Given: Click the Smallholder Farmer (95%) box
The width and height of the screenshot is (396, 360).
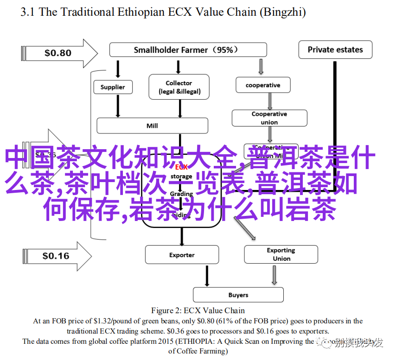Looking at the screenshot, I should click(x=188, y=50).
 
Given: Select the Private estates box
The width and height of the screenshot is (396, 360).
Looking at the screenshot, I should click(x=335, y=50).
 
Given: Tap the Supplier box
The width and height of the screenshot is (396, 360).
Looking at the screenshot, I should click(x=113, y=87).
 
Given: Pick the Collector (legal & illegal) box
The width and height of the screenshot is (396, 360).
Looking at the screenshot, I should click(x=179, y=87).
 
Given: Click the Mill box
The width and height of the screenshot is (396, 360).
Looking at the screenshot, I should click(x=152, y=126).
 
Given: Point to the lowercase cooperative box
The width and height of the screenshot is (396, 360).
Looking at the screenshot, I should click(x=263, y=85).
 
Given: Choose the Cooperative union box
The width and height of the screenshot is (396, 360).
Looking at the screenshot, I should click(x=269, y=118).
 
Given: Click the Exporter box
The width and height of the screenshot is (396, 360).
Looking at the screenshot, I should click(x=182, y=255).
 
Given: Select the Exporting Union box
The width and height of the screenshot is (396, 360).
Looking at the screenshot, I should click(x=281, y=254).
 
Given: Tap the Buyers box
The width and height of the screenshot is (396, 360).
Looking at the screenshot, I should click(x=238, y=295).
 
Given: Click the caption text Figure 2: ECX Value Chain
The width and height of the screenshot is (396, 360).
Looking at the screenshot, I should click(x=198, y=310).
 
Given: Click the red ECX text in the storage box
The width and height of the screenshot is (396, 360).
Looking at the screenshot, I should click(x=182, y=167).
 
